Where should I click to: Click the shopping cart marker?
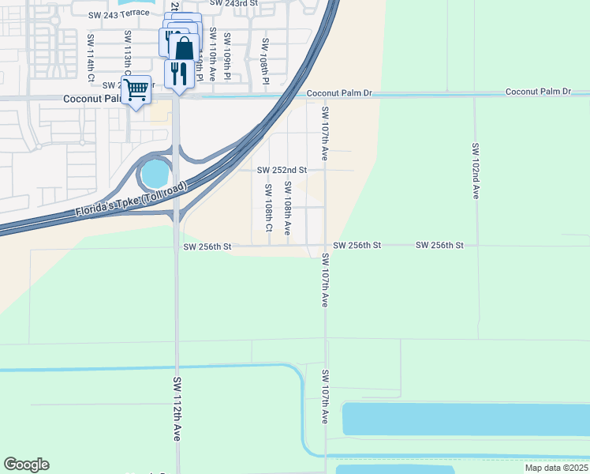point(136,90)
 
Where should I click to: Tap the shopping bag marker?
point(184,47)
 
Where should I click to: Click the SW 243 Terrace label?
point(118,13)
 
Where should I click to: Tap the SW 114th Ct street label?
point(91,58)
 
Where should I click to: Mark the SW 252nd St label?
point(282,170)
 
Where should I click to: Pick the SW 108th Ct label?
point(268,209)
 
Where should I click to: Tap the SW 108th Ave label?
point(288,208)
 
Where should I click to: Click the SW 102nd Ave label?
point(476,170)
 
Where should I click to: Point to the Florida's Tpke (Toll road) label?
point(132,200)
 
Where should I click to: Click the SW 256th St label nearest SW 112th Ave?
point(207,246)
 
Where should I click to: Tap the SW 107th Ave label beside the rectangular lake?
point(324,397)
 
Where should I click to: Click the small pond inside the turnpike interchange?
point(155,171)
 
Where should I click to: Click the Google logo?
point(26,465)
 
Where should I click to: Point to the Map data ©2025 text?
point(556,468)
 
